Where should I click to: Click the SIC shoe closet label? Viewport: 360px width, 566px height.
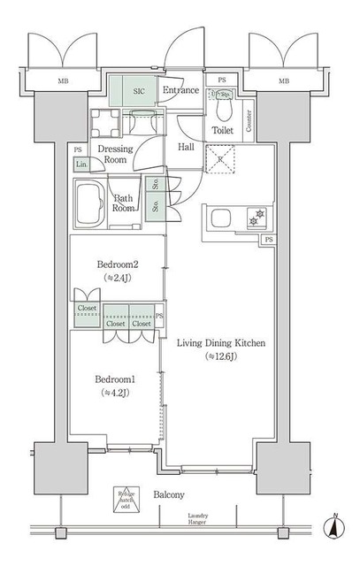139,91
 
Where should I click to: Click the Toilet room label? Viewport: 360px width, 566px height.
222,131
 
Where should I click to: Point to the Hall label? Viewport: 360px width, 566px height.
186,147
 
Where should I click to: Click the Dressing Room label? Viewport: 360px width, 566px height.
115,155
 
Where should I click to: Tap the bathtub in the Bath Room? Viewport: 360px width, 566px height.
88,203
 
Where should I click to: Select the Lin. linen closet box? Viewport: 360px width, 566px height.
80,164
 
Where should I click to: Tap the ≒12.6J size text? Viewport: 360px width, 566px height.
222,356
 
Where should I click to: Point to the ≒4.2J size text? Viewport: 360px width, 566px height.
115,393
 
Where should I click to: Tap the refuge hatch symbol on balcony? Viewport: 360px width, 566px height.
124,500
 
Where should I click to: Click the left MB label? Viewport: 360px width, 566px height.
63,81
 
